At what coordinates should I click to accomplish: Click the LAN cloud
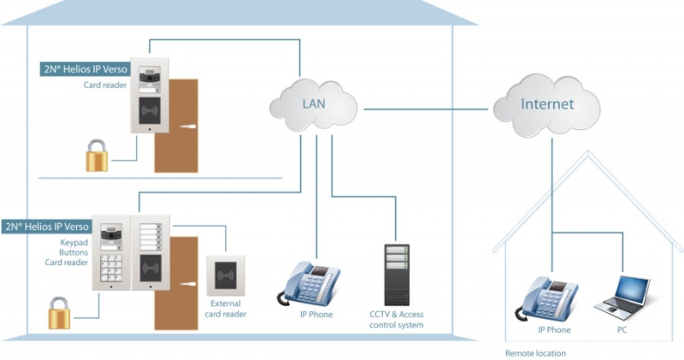click(x=313, y=105)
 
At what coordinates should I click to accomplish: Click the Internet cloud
click(x=546, y=105)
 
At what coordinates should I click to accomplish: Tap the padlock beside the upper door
click(x=97, y=156)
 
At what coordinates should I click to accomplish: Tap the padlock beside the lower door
click(x=59, y=313)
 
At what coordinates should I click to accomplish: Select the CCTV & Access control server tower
click(x=397, y=274)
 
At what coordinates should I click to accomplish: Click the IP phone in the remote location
click(x=547, y=299)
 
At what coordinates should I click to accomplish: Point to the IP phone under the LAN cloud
click(x=309, y=284)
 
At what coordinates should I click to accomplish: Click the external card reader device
click(x=226, y=276)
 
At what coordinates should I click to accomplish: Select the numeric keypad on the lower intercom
click(x=111, y=268)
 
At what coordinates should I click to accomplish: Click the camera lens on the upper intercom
click(x=150, y=77)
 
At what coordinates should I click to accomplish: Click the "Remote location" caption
click(x=535, y=353)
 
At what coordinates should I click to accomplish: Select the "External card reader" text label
click(x=226, y=309)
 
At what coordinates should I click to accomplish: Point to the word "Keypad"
click(x=74, y=243)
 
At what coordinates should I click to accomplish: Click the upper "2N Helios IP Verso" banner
click(x=85, y=69)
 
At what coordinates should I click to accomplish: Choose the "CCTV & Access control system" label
click(x=397, y=320)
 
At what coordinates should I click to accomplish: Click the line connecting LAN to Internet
click(x=426, y=109)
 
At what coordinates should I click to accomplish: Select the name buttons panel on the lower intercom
click(x=150, y=237)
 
